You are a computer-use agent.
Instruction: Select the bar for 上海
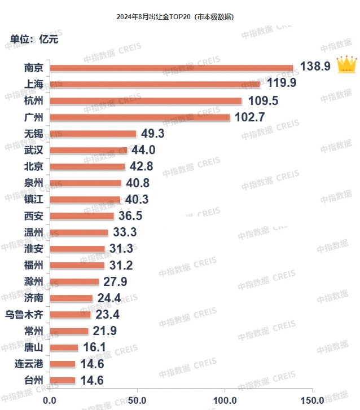[155, 85]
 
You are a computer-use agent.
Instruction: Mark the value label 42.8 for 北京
[142, 166]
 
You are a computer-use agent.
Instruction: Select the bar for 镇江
[85, 199]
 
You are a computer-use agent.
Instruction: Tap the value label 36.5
[131, 215]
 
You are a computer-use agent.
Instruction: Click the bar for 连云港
[63, 364]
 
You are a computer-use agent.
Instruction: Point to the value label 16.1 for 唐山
[95, 347]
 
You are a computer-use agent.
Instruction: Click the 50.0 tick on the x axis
[137, 400]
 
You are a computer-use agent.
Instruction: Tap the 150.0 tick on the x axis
[311, 400]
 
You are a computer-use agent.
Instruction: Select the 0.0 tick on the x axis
[50, 400]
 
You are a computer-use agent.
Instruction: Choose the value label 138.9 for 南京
[314, 67]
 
